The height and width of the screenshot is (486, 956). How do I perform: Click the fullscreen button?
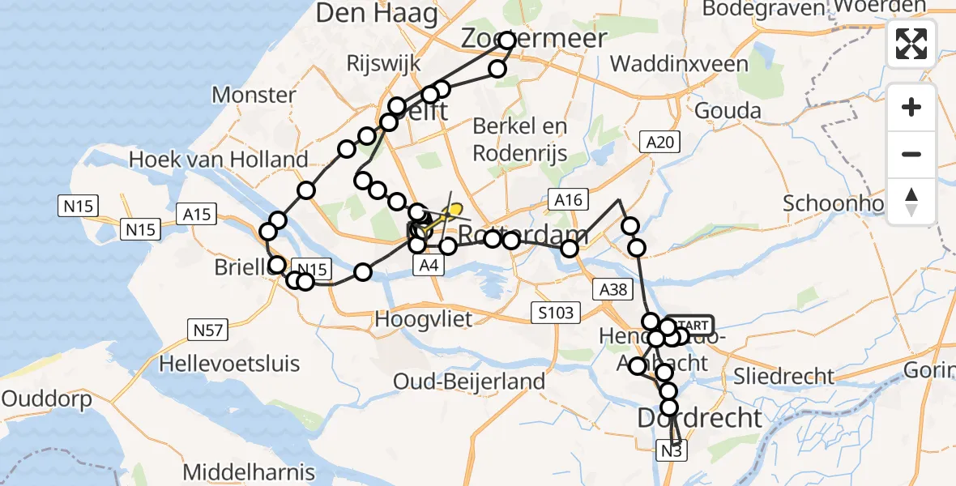[911, 44]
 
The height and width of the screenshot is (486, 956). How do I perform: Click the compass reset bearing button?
[911, 201]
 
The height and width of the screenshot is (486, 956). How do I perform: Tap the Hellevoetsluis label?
[229, 364]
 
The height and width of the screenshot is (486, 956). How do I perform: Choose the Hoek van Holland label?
[219, 160]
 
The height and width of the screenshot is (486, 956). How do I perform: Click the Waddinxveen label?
[679, 63]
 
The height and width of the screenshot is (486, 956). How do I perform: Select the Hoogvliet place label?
[423, 319]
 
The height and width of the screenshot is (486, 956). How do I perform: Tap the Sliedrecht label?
[783, 376]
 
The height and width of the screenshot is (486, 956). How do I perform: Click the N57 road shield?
[207, 330]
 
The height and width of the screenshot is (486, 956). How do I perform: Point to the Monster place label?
[254, 95]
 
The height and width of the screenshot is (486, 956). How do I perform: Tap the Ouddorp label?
[45, 399]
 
